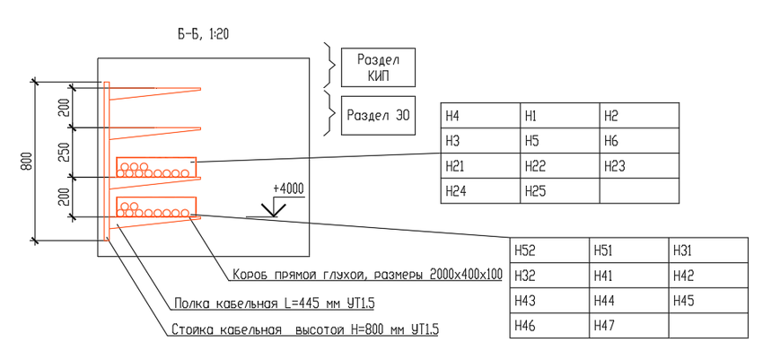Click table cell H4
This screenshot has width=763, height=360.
(479, 116)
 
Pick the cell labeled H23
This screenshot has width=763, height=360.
(637, 166)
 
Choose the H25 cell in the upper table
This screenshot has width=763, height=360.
(558, 191)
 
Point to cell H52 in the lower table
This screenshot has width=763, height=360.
(548, 250)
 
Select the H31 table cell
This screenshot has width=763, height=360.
(708, 250)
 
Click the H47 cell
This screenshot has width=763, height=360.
(628, 326)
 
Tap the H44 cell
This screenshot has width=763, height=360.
(628, 301)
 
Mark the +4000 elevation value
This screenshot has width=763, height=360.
(286, 189)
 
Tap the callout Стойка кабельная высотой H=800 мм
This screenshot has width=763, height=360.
(305, 330)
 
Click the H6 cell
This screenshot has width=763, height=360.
(637, 141)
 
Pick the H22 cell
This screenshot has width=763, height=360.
(558, 166)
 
